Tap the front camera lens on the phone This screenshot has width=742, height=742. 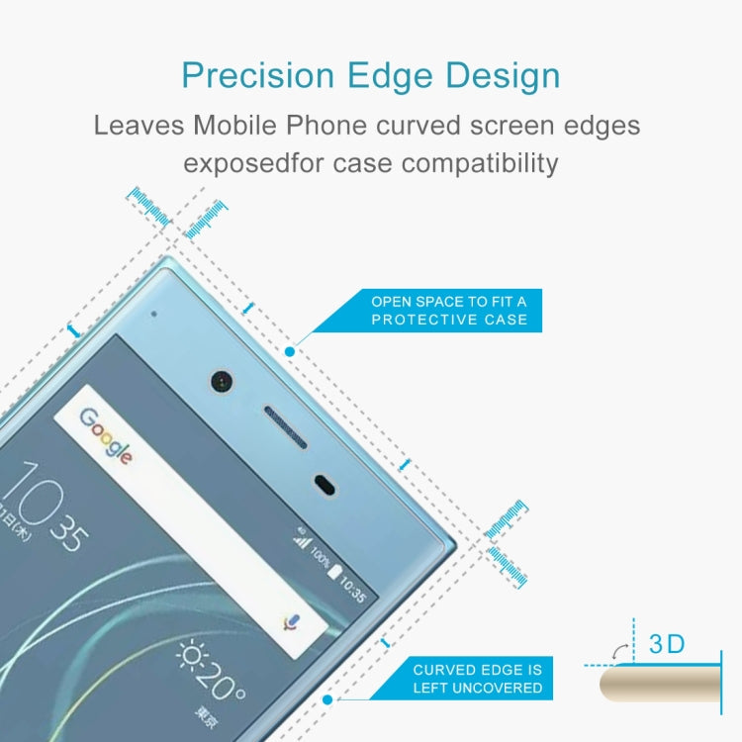point(219,380)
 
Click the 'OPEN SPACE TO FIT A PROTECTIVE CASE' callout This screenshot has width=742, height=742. point(448,310)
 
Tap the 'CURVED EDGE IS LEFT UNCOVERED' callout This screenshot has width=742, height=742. point(477,679)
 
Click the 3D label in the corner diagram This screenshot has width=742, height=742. point(667,644)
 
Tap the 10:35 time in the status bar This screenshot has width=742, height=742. point(353,592)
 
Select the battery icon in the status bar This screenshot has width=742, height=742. point(334,575)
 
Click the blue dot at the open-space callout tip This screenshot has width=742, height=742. point(290,351)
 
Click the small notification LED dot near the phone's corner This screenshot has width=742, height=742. point(155,315)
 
